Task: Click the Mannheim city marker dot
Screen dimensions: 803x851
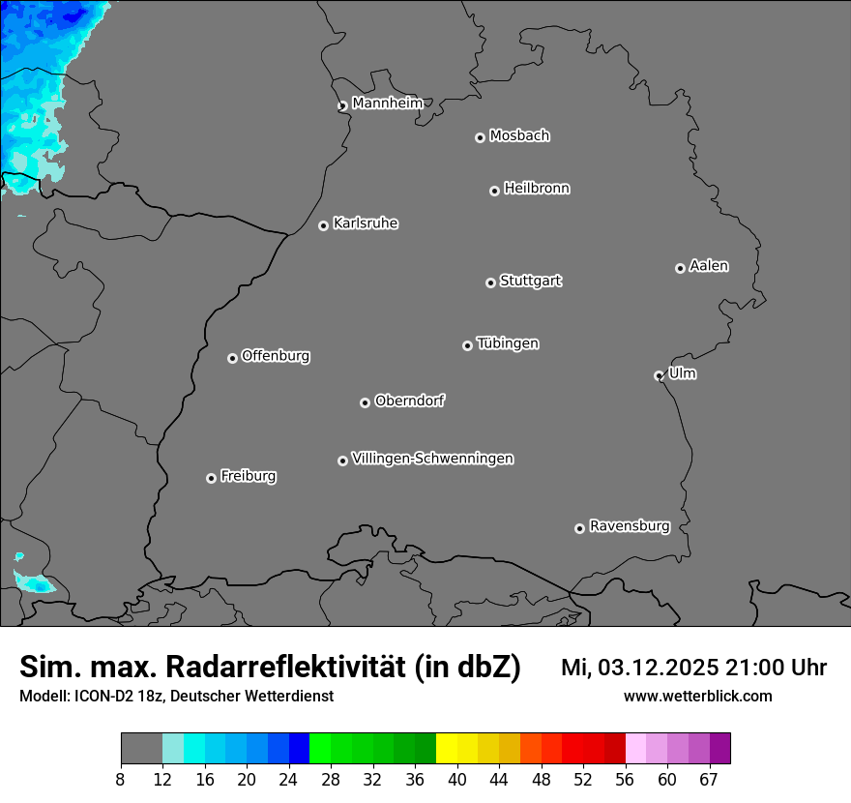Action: pos(342,106)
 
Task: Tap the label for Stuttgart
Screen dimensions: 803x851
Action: pos(530,282)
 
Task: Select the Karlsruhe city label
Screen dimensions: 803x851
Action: pos(366,223)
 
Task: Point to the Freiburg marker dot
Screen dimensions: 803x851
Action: pos(211,478)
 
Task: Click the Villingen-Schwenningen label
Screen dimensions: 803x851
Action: pos(432,459)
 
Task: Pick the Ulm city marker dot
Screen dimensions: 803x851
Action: pos(659,375)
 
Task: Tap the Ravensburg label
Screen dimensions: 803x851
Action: pos(629,526)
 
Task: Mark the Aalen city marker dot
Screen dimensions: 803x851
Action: pos(680,268)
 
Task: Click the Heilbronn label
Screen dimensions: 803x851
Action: pos(537,189)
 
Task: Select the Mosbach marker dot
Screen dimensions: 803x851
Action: pos(480,137)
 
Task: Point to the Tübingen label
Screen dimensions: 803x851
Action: pos(508,343)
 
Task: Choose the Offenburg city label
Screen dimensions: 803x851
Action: pos(276,356)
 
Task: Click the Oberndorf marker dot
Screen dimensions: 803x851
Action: pos(365,402)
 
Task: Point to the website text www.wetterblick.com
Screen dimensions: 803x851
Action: pos(697,697)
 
